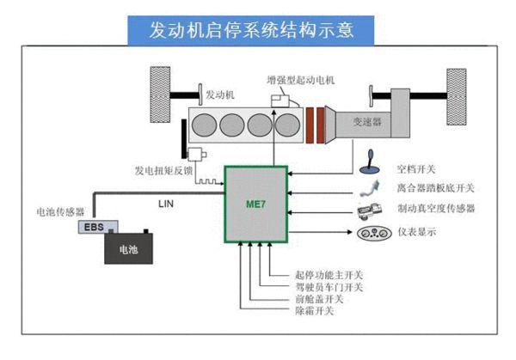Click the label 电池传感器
coord(61,211)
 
